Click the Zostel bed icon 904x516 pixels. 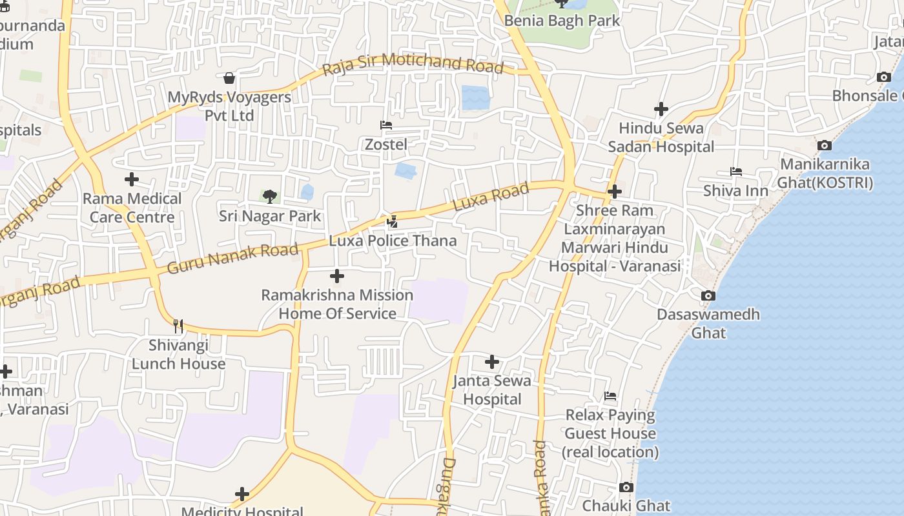point(386,125)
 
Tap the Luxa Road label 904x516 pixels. point(491,197)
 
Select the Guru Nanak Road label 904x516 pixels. point(233,258)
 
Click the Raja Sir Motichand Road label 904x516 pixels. point(413,64)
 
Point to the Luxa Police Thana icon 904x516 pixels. point(392,223)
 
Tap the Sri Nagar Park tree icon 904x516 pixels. point(270,196)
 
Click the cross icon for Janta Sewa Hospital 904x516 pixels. point(492,362)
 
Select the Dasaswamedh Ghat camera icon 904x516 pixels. point(708,296)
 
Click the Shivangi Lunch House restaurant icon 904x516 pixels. point(178,326)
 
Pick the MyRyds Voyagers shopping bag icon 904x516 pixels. point(229,79)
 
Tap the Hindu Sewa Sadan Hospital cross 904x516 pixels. point(661,109)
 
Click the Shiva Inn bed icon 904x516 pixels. point(736,172)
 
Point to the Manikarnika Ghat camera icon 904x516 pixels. point(825,146)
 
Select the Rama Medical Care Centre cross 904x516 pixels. point(132,179)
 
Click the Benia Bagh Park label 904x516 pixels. point(562,21)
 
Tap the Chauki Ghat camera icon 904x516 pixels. point(626,488)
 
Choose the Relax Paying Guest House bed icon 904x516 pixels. point(610,396)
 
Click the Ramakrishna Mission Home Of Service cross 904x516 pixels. point(337,277)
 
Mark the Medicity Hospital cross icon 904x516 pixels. point(242,495)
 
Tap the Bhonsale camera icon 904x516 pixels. point(884,77)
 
